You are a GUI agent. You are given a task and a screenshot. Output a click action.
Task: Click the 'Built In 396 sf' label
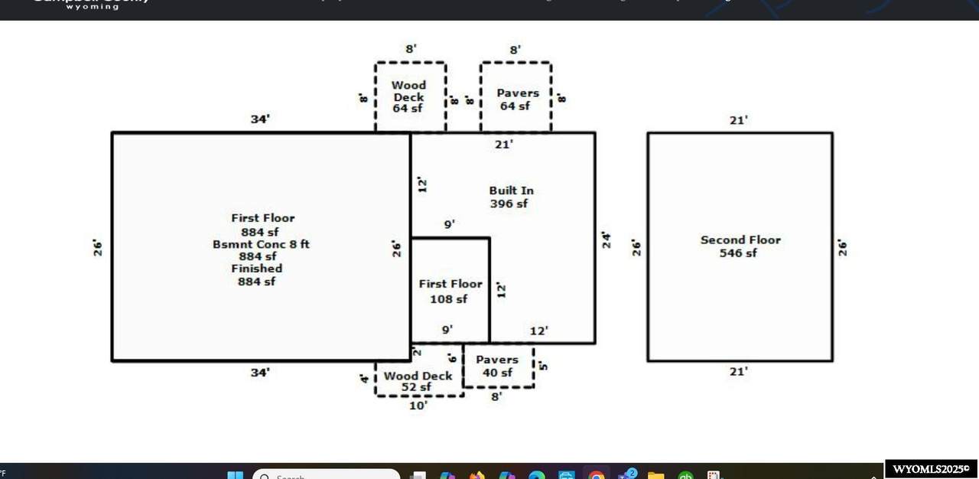(511, 197)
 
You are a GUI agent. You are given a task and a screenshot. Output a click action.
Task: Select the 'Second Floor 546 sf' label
(740, 246)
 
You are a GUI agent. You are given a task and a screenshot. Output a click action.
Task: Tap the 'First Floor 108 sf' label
(450, 291)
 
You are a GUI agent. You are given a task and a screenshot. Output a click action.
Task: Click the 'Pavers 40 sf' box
(497, 366)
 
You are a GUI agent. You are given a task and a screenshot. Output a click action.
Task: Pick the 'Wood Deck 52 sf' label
(418, 381)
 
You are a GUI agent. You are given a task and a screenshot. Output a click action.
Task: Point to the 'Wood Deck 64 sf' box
(409, 96)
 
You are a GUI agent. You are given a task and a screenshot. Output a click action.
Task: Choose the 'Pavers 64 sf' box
(516, 99)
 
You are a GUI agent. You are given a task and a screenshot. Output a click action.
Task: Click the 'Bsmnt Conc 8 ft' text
(261, 244)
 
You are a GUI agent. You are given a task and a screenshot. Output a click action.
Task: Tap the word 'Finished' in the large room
(257, 269)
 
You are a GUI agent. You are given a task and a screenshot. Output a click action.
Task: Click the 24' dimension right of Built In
(606, 239)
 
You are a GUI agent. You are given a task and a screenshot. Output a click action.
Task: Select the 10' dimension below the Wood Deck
(418, 406)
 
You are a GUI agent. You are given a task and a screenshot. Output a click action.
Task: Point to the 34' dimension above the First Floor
(260, 119)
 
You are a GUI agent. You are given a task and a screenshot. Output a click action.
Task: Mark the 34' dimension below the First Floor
(260, 373)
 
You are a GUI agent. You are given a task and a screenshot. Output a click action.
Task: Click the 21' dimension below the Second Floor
(738, 372)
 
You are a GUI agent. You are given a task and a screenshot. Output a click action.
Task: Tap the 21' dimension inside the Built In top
(503, 144)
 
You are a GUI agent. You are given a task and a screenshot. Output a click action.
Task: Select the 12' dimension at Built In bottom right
(539, 331)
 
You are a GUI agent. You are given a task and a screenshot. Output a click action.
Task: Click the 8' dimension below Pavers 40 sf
(496, 396)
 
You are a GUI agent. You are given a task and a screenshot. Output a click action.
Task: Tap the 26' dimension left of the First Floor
(98, 247)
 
